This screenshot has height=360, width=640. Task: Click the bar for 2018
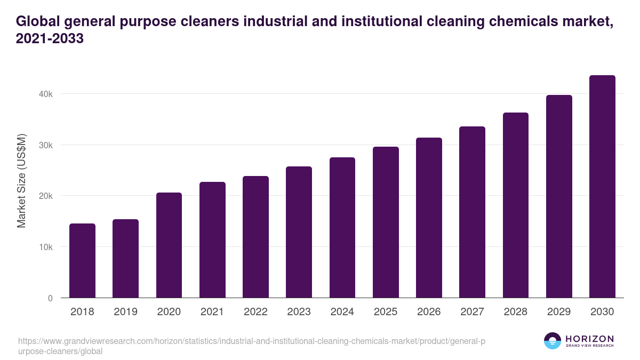tap(82, 261)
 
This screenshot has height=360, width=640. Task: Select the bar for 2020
tap(169, 245)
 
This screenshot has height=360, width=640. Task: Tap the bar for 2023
tap(299, 232)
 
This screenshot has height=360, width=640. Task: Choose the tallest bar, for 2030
tap(602, 187)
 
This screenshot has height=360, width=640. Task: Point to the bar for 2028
tap(515, 205)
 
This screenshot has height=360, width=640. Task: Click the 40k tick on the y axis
tap(46, 94)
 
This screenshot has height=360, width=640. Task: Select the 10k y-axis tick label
tap(46, 247)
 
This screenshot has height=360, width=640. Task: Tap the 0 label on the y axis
tap(50, 298)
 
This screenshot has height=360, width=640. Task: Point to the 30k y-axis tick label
tap(46, 145)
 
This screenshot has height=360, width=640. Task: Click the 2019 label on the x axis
tap(125, 312)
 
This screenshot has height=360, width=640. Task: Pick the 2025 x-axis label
tap(386, 312)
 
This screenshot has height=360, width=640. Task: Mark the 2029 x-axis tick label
tap(559, 312)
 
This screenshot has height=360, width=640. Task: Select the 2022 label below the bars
tap(255, 312)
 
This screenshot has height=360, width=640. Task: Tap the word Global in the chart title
tap(36, 22)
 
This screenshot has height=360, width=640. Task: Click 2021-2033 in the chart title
tap(50, 39)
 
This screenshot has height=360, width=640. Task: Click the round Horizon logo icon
tap(552, 341)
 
